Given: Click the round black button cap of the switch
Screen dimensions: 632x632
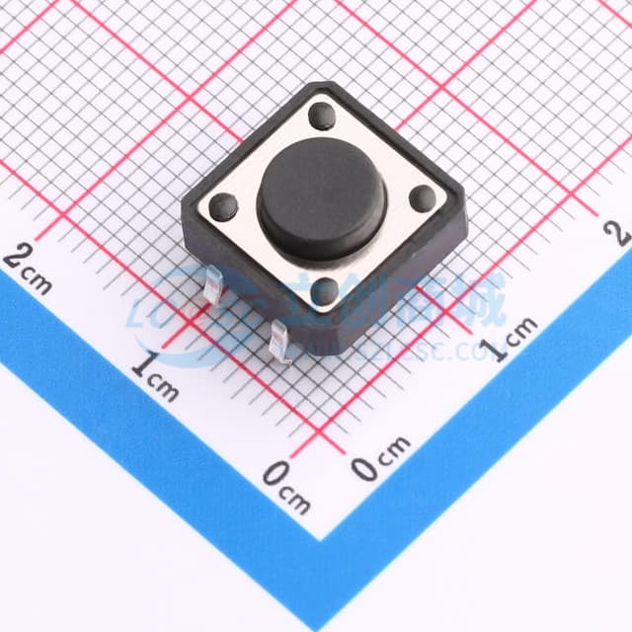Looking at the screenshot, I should click(x=317, y=197).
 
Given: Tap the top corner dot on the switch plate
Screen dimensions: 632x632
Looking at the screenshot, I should click(x=322, y=116).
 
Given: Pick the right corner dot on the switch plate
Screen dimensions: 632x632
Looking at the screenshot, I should click(x=422, y=197).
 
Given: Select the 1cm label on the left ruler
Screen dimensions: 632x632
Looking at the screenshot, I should click(x=156, y=374).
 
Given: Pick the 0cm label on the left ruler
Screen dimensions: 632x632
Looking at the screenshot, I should click(x=286, y=484).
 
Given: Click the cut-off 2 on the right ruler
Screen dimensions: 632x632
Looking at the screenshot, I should click(x=620, y=232).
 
